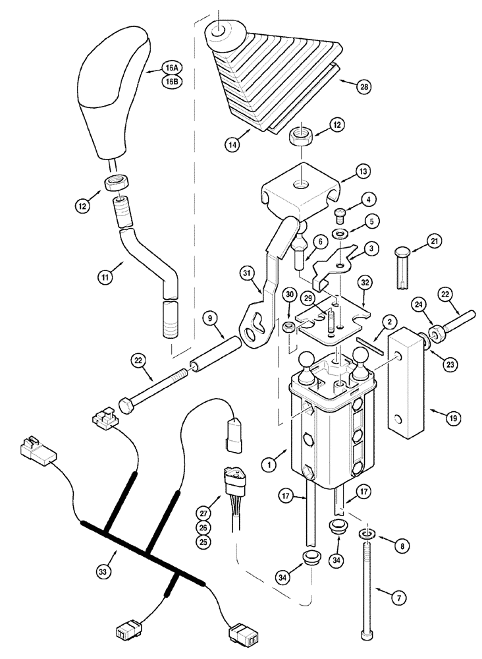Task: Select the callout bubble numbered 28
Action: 361,86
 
